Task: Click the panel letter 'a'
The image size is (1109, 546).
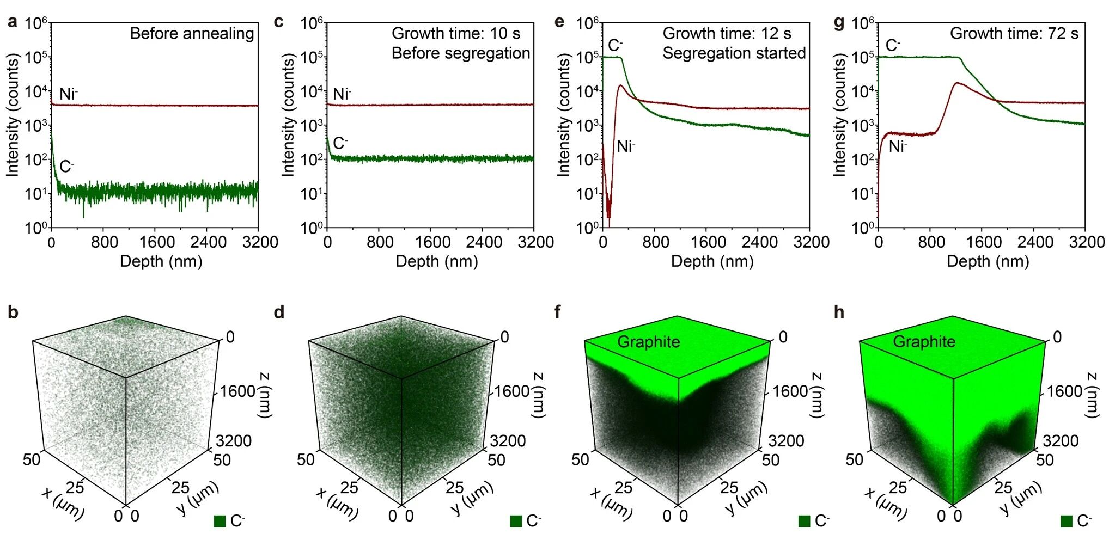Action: coord(12,22)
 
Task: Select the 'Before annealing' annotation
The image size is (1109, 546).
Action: coord(192,34)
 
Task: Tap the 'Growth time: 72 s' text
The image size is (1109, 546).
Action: coord(1014,34)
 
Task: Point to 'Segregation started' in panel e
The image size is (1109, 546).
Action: coord(734,53)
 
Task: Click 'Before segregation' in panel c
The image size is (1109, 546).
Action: coord(460,53)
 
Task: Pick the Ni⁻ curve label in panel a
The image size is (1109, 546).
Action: coord(69,94)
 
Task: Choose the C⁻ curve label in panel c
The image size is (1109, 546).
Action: coord(340,143)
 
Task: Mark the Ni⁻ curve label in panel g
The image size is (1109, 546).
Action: coord(898,146)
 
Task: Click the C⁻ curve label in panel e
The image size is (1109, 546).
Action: coord(616,45)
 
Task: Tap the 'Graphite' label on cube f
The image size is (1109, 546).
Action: coord(648,342)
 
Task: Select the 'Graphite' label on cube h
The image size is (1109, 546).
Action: coord(924,342)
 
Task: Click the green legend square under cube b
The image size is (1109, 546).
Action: coord(220,521)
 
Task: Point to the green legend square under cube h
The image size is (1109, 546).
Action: coord(1067,521)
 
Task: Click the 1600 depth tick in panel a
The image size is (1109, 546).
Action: coord(157,242)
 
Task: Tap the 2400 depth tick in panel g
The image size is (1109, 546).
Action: coord(1035,242)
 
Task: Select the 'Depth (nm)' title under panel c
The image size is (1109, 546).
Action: coord(436,261)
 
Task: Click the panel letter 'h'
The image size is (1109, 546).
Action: coord(839,312)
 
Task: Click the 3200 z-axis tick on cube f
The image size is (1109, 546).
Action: coord(786,440)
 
